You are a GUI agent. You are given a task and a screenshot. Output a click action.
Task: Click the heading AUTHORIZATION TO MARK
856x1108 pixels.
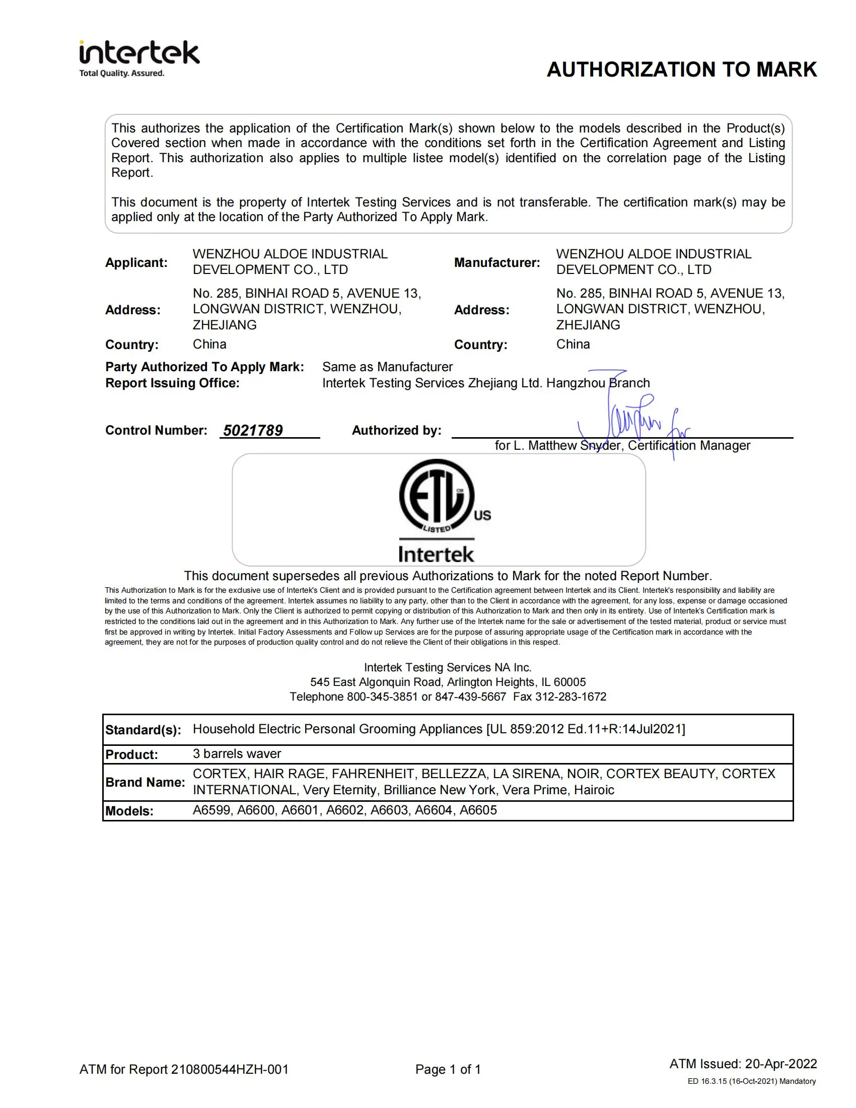tap(681, 70)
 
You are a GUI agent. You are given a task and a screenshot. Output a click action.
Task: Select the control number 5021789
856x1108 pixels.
tap(253, 431)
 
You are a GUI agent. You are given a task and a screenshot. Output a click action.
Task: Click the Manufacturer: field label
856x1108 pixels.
tap(496, 262)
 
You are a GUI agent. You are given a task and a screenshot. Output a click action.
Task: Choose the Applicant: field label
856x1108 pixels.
tap(136, 262)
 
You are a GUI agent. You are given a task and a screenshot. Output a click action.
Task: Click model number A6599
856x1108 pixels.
tap(211, 810)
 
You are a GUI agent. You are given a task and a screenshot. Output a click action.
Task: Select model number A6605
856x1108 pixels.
tap(478, 810)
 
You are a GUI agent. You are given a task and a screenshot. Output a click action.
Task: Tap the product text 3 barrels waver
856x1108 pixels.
tap(236, 754)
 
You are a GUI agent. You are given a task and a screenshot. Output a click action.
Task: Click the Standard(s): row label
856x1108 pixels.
tap(143, 730)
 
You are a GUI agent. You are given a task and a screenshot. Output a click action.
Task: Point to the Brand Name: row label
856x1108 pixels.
tap(145, 782)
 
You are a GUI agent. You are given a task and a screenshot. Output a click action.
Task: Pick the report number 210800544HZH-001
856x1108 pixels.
tap(229, 1069)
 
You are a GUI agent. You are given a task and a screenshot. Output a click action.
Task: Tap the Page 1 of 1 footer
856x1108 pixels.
tap(448, 1069)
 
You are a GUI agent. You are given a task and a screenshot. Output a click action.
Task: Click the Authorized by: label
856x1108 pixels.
tap(396, 431)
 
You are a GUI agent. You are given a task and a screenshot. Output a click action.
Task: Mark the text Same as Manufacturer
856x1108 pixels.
tap(387, 367)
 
